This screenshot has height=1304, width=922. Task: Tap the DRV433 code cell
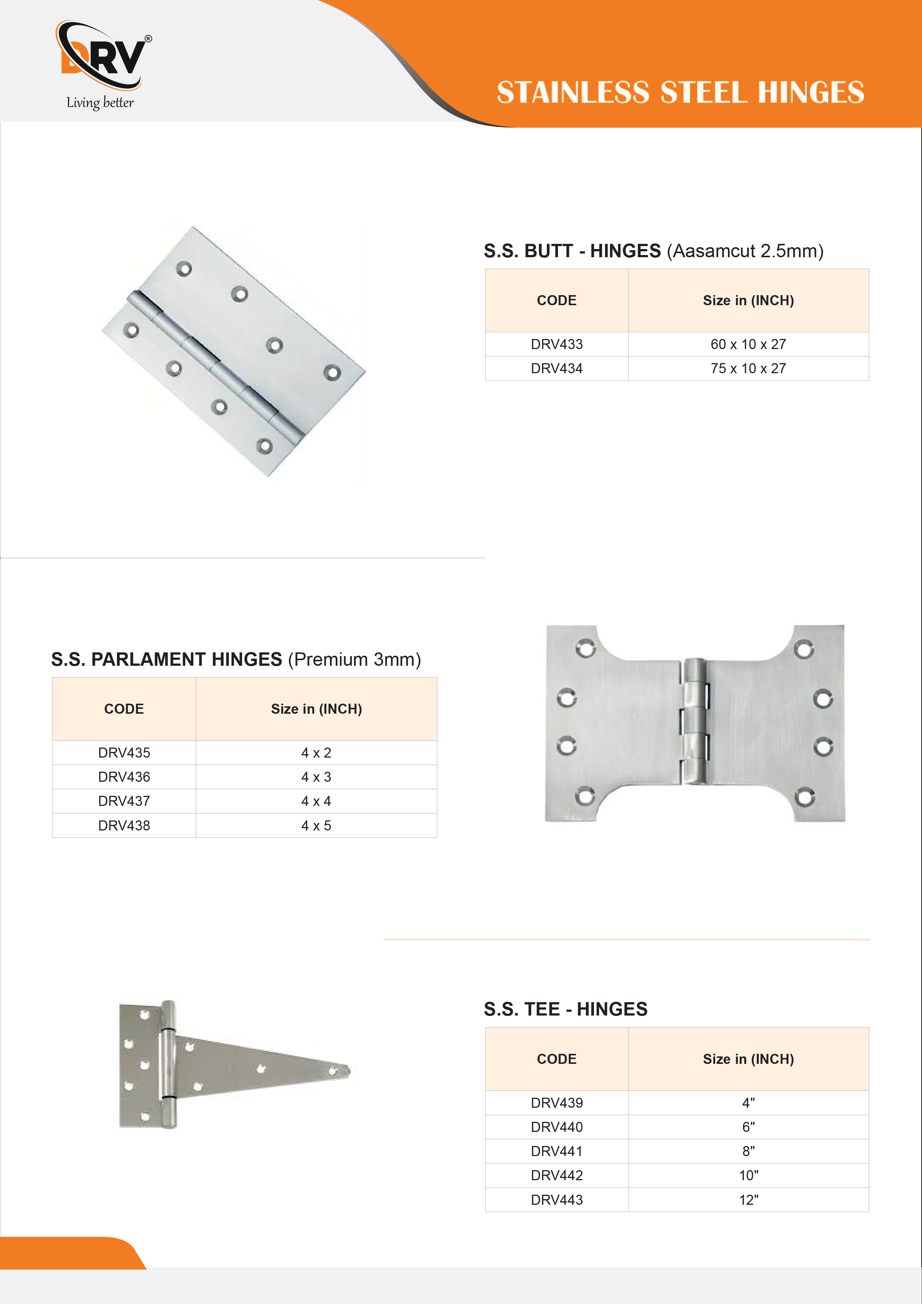(556, 344)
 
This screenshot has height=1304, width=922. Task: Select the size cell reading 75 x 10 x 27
(748, 369)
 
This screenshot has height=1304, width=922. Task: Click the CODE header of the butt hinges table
(556, 300)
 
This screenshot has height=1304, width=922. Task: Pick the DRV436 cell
(124, 777)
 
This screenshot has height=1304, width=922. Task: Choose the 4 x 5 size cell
(316, 826)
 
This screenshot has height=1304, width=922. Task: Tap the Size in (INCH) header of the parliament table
(316, 709)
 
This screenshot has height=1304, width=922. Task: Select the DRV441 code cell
(556, 1151)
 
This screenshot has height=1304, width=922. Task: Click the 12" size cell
(748, 1200)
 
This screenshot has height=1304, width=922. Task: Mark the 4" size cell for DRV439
(748, 1103)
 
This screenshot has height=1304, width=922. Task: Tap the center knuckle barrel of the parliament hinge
(694, 721)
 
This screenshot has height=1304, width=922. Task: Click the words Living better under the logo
(100, 103)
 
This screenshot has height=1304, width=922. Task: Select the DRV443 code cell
(556, 1200)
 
